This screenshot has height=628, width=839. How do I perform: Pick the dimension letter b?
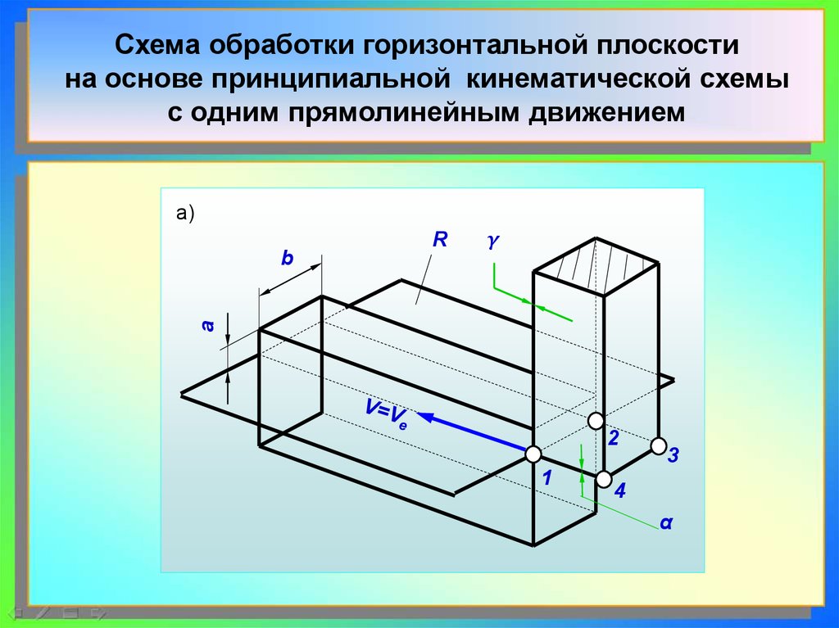click(287, 259)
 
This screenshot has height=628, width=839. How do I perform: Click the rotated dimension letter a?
click(208, 326)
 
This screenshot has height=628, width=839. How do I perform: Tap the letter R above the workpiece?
click(440, 240)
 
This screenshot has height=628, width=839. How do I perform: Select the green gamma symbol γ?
click(492, 242)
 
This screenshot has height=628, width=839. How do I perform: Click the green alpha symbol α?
click(666, 522)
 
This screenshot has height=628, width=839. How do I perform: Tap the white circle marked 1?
click(533, 454)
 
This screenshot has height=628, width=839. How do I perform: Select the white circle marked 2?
click(596, 421)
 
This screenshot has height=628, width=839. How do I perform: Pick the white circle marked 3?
click(658, 446)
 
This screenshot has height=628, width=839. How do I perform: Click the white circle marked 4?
click(604, 479)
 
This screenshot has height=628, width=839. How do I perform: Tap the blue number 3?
click(673, 456)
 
